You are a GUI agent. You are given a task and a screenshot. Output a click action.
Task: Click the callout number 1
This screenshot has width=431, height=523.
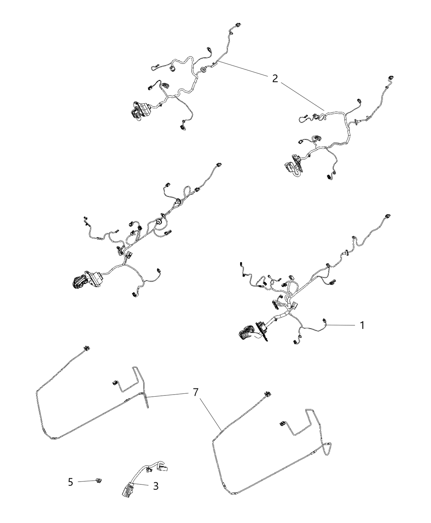tap(362, 325)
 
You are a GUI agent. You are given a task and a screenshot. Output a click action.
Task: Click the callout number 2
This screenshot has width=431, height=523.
tap(275, 78)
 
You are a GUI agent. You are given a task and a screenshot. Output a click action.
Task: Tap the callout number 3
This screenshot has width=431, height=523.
tap(155, 486)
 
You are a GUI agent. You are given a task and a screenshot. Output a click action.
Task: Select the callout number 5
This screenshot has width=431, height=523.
tap(71, 482)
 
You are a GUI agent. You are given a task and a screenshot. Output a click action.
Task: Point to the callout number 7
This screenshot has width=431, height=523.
tap(196, 393)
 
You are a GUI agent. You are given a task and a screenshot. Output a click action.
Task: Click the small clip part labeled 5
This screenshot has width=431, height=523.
tap(99, 480)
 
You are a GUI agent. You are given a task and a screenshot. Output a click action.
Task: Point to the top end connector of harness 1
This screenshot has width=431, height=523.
tap(387, 216)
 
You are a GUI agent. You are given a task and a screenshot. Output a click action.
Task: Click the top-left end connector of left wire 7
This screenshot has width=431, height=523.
tap(86, 349)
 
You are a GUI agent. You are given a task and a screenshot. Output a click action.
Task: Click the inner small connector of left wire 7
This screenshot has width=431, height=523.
tap(115, 383)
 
